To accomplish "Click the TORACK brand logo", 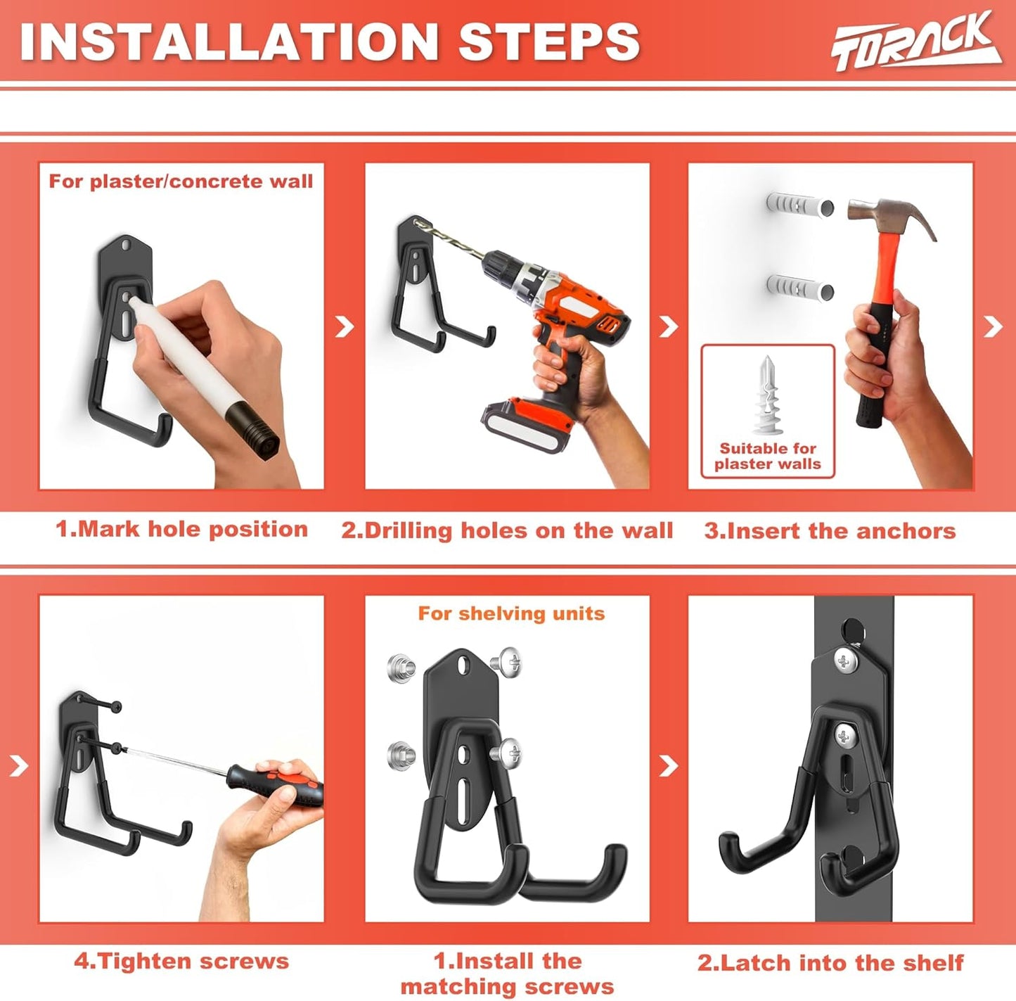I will pyautogui.click(x=915, y=42).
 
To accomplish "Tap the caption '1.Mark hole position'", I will pyautogui.click(x=181, y=529).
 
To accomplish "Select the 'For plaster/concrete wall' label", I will pyautogui.click(x=181, y=181).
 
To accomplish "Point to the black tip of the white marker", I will pyautogui.click(x=257, y=433).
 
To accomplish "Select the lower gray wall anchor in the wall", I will pyautogui.click(x=799, y=288).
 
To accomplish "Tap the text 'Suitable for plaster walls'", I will pyautogui.click(x=767, y=456).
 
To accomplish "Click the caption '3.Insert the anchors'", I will pyautogui.click(x=830, y=531).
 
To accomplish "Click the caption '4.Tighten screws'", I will pyautogui.click(x=181, y=961).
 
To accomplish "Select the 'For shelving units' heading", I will pyautogui.click(x=511, y=613).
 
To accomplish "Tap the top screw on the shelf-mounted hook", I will pyautogui.click(x=845, y=660).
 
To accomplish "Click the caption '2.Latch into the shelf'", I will pyautogui.click(x=830, y=962).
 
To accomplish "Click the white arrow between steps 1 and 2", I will pyautogui.click(x=345, y=326).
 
